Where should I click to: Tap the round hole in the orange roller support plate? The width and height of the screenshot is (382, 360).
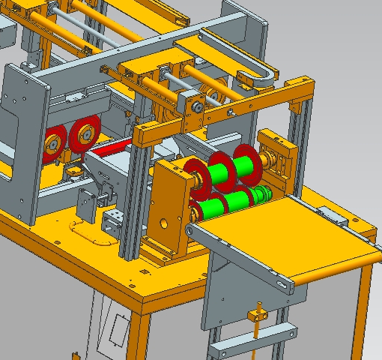[164, 223]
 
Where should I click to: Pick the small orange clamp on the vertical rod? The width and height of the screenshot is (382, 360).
[260, 313]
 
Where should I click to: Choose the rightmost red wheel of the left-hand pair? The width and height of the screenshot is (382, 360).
[82, 137]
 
